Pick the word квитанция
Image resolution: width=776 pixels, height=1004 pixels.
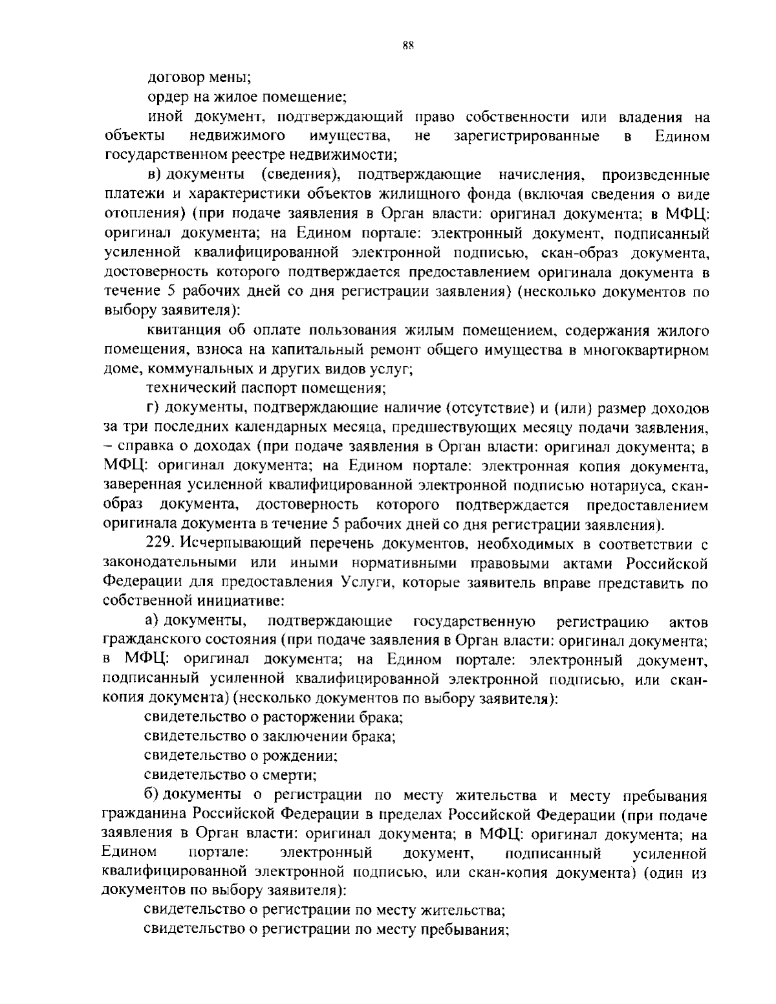click(182, 331)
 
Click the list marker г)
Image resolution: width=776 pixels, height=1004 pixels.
click(153, 408)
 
